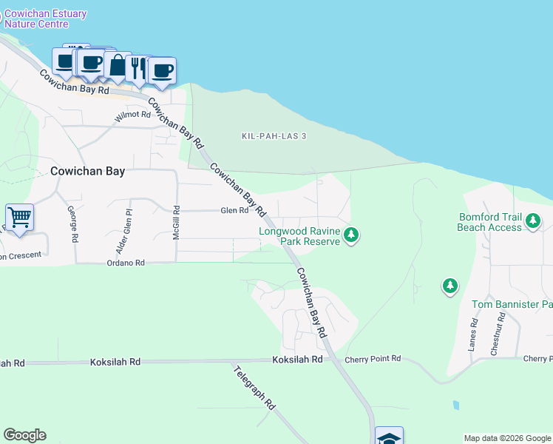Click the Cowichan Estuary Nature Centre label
coord(46,19)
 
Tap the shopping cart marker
coord(19,218)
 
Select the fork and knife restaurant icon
coord(138,69)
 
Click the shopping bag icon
coord(118,65)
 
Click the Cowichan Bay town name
coord(87,170)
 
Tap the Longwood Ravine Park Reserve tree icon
coord(352,235)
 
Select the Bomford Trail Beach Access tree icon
coord(532,220)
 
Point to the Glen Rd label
coord(234,211)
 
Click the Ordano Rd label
coord(126,263)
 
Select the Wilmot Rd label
coord(133,116)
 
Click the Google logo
coord(24,435)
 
